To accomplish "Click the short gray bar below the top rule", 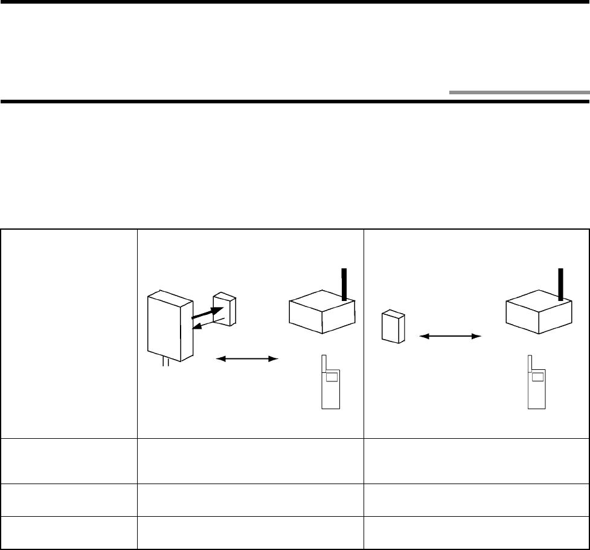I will click(519, 93).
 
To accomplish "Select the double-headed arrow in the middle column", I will click(248, 359).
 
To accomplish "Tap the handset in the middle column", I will click(330, 387).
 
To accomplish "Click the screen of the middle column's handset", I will click(332, 377).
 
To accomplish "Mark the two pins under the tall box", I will click(164, 363).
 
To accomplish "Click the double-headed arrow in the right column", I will click(449, 335).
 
